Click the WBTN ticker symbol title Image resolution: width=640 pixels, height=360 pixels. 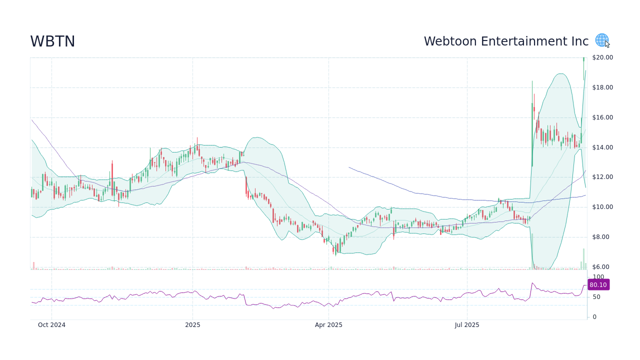click(x=52, y=41)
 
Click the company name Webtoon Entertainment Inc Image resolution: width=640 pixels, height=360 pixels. click(x=506, y=41)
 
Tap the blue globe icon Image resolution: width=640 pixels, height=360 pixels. click(x=601, y=40)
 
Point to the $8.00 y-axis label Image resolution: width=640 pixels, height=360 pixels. click(x=600, y=237)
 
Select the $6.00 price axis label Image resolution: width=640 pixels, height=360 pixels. click(x=600, y=267)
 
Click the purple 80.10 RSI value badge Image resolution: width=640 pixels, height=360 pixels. click(x=598, y=285)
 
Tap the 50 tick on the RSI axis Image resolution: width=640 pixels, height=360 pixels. click(x=596, y=297)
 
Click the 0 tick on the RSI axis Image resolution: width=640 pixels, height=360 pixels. click(x=594, y=317)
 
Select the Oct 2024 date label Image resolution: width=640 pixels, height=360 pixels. click(x=51, y=325)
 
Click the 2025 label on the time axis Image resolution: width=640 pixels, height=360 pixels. click(x=192, y=325)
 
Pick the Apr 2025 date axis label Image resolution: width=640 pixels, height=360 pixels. click(x=328, y=325)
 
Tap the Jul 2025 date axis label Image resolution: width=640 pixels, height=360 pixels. click(x=467, y=325)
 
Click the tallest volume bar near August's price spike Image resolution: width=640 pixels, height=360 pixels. click(x=532, y=251)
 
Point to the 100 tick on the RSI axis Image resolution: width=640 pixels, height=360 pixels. click(x=598, y=277)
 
